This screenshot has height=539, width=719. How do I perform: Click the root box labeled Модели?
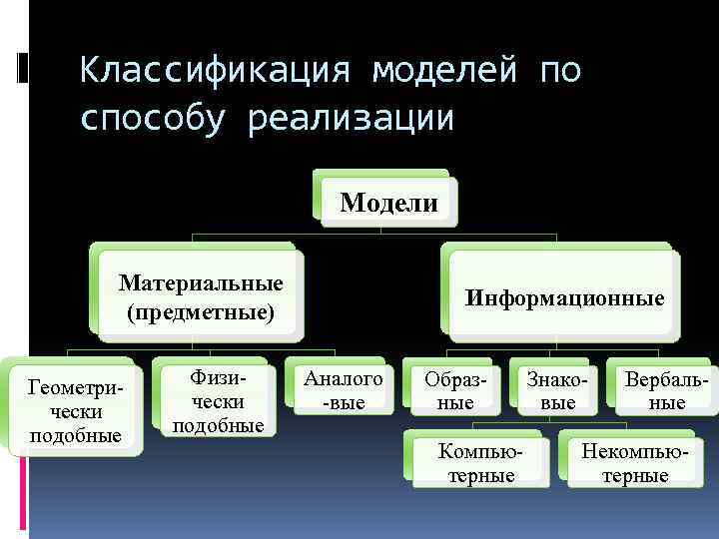[388, 203]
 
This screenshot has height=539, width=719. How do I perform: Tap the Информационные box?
[564, 298]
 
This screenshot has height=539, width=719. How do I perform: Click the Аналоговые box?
[342, 390]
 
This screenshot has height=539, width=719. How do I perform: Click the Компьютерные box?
[480, 463]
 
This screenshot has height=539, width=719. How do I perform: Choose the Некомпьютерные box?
[634, 463]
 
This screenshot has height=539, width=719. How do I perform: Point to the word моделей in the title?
[445, 71]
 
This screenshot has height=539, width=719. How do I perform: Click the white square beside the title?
[23, 67]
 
